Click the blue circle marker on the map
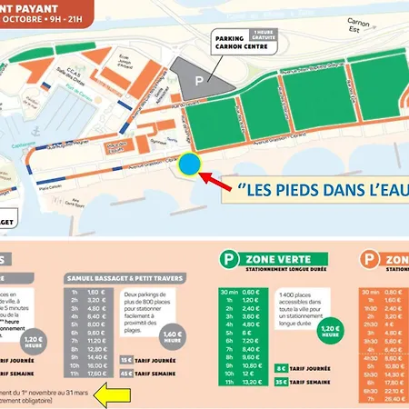[x=189, y=165]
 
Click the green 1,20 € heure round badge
[x=333, y=329]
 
